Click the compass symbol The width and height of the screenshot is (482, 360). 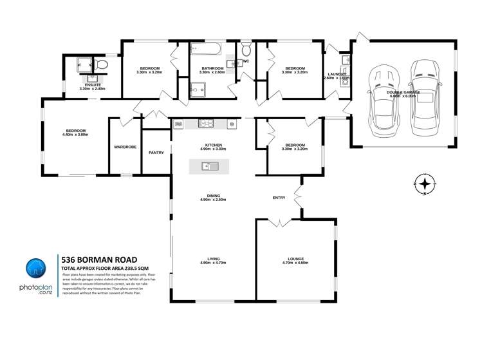click(x=424, y=185)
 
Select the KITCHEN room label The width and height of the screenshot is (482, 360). click(x=213, y=145)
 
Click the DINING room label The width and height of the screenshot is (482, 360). click(x=213, y=195)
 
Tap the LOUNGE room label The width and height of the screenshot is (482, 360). click(x=295, y=258)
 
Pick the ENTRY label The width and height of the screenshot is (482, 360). click(x=279, y=198)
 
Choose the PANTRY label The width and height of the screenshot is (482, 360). click(x=156, y=153)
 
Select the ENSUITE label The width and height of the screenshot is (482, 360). click(x=91, y=84)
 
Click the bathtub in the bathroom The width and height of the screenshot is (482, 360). click(x=205, y=49)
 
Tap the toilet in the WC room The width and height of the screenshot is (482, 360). click(x=246, y=51)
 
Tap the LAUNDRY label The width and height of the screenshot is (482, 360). click(x=336, y=74)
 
